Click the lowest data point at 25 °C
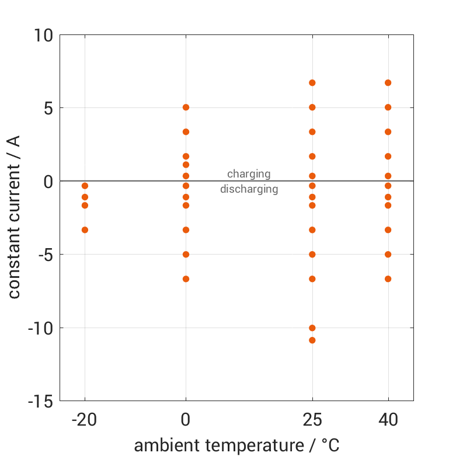point(312,340)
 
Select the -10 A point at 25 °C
point(312,328)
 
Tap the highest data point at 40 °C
point(388,83)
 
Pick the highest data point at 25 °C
point(312,83)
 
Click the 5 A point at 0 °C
point(186,107)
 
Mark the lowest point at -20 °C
point(85,230)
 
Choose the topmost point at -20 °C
point(85,186)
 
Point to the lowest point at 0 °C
point(186,279)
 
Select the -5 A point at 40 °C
point(388,255)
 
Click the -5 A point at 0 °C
point(186,255)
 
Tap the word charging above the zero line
point(249,174)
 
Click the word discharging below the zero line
point(249,189)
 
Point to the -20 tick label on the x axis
point(85,420)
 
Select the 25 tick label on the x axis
point(312,420)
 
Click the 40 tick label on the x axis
point(388,420)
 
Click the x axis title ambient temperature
point(236,445)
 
